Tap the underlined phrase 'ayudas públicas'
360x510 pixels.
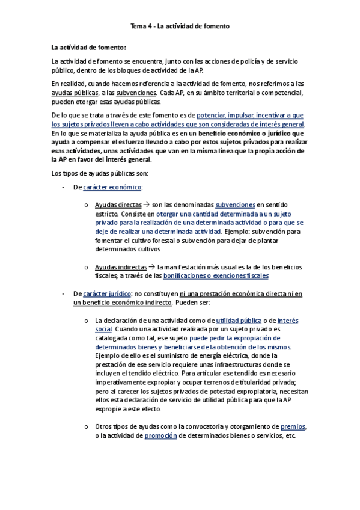tap(75, 93)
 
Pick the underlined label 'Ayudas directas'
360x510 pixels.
tap(118, 204)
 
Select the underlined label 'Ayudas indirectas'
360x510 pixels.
tap(121, 266)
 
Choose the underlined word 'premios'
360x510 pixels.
tap(293, 426)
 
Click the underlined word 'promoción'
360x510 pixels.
tap(160, 435)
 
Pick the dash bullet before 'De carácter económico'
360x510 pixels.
tap(64, 187)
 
